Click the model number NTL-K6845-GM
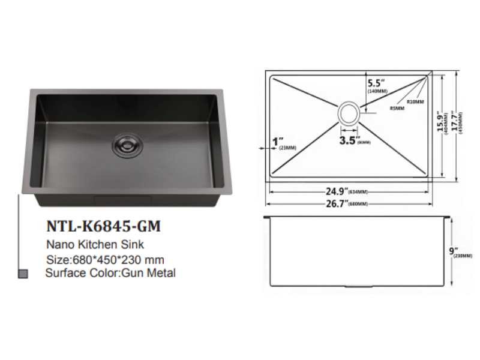(103, 227)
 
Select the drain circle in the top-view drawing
(349, 112)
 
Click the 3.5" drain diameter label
(349, 141)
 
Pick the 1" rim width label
(277, 142)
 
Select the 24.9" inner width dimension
(340, 191)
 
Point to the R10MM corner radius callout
(416, 101)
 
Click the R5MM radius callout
(397, 109)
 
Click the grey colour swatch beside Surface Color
(23, 274)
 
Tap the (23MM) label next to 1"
(279, 149)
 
